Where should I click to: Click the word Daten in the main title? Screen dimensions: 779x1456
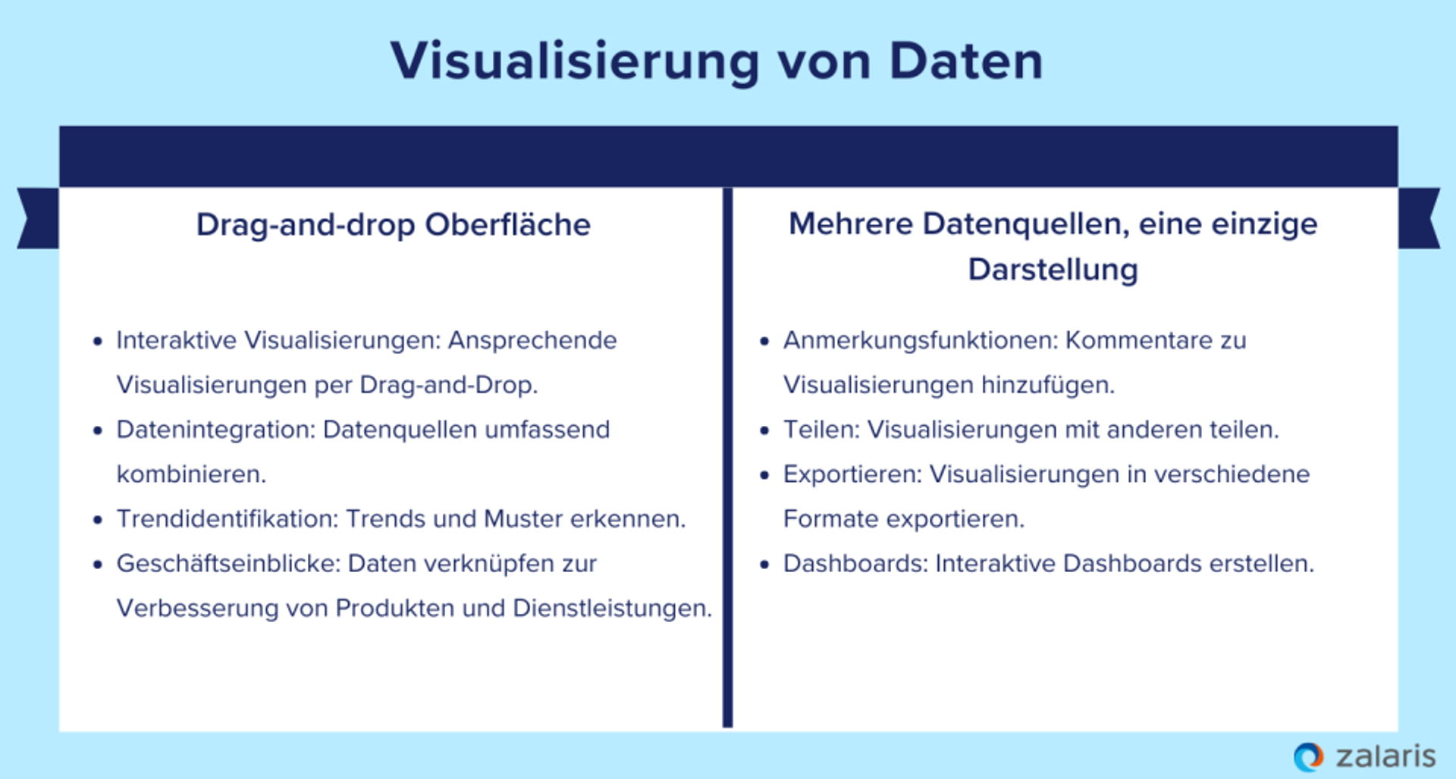(966, 61)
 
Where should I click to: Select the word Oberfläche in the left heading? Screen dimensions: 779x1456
(507, 225)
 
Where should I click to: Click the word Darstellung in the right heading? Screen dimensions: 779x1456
(1053, 270)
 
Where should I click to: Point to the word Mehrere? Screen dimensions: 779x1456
(850, 224)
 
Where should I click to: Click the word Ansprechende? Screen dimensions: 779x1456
(532, 340)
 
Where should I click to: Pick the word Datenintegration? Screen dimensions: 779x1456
(215, 430)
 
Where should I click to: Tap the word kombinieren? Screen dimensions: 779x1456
(191, 474)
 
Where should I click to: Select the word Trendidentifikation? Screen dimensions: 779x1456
(226, 519)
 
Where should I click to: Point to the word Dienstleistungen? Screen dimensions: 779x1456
(612, 608)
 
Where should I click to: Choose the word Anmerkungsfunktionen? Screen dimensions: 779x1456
(920, 340)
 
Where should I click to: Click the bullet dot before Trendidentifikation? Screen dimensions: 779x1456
(97, 520)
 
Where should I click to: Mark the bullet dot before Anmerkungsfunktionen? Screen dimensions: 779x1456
(764, 341)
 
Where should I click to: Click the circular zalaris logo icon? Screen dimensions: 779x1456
(1308, 756)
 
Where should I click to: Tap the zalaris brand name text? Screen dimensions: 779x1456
(1385, 756)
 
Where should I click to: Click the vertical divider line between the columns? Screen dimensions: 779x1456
(727, 455)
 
